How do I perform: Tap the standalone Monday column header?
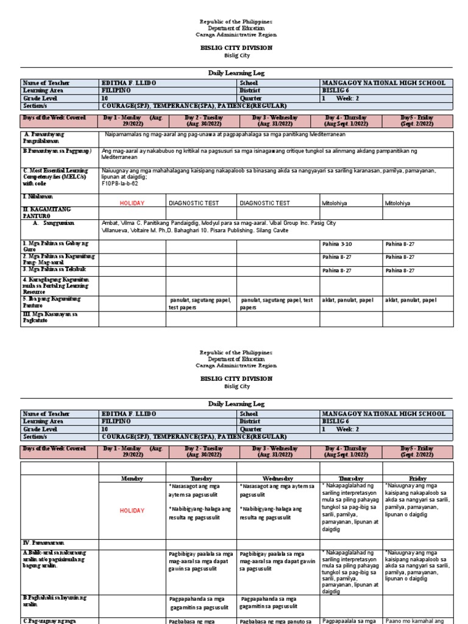(132, 479)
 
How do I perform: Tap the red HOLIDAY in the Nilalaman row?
(132, 202)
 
